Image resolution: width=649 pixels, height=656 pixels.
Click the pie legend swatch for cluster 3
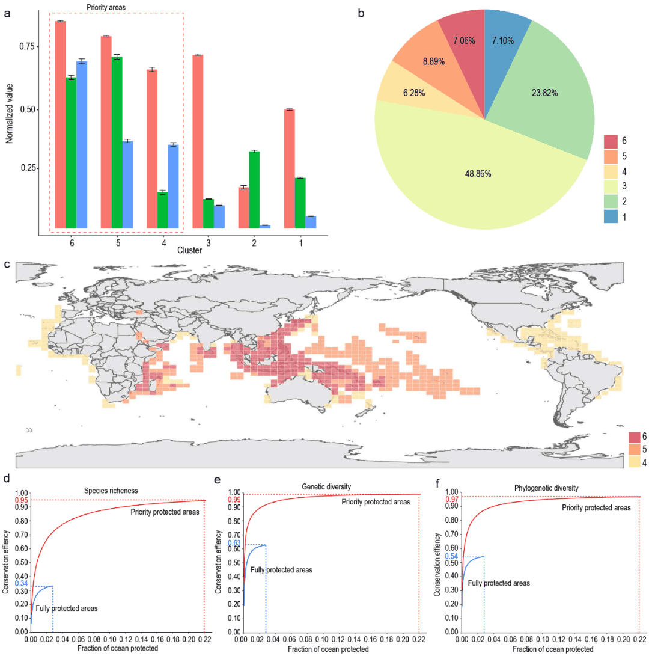(611, 186)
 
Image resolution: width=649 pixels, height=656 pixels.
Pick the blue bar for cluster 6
(82, 144)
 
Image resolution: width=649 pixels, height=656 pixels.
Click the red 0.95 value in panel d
(22, 500)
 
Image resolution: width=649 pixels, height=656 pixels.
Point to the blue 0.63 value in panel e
(233, 543)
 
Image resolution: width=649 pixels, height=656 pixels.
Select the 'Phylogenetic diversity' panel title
(549, 488)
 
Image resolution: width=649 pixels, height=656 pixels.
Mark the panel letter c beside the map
(7, 263)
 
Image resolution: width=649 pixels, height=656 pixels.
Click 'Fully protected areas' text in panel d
(66, 608)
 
